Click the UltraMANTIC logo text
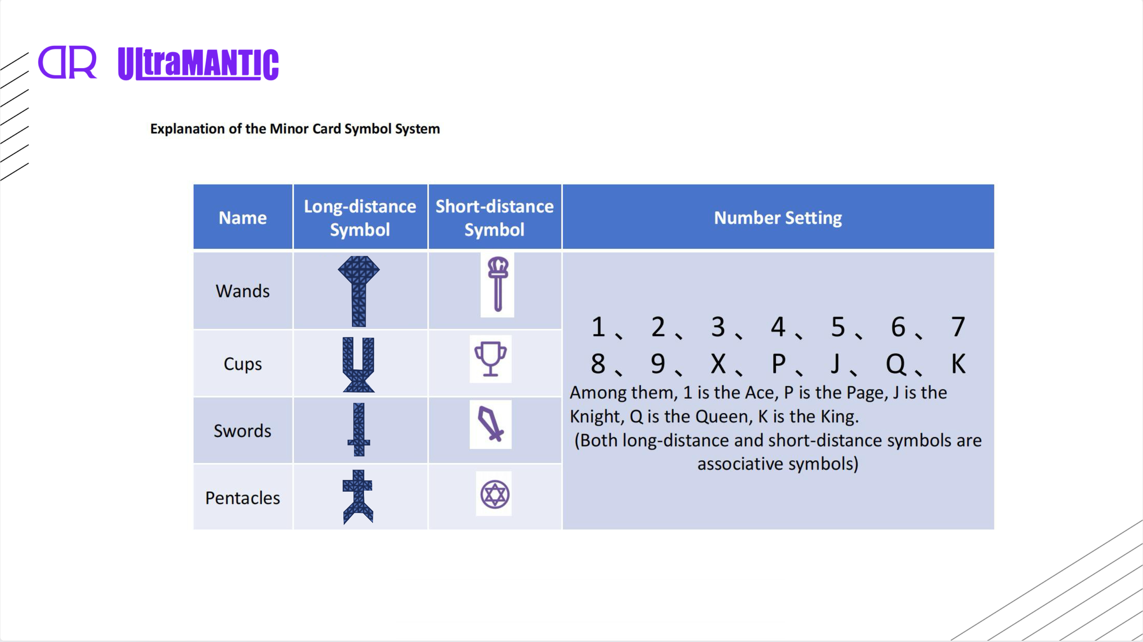pos(198,64)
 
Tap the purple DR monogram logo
pos(67,62)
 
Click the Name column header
pos(242,217)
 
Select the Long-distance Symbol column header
pos(360,217)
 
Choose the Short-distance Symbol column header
pos(494,217)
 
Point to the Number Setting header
pos(778,217)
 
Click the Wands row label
pos(242,291)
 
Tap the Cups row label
pos(242,364)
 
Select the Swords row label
pos(242,431)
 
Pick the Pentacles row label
pos(242,498)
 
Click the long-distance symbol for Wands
pos(359,291)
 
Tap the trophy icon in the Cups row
pos(491,359)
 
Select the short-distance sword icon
pos(491,424)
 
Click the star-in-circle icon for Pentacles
pos(495,494)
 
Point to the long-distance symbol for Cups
pos(359,365)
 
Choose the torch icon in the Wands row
pos(498,284)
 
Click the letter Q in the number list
pos(895,364)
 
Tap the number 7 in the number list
pos(958,327)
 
